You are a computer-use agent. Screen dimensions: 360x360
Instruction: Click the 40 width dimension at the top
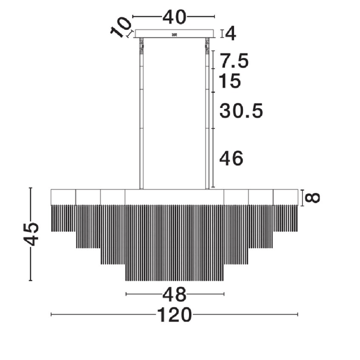174,17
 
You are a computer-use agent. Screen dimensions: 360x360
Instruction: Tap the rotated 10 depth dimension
120,27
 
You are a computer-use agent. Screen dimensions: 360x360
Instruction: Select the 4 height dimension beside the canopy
230,33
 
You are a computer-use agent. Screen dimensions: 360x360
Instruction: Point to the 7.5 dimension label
234,60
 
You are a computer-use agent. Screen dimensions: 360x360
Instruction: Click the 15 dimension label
230,81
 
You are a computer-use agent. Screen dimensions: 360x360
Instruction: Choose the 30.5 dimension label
241,111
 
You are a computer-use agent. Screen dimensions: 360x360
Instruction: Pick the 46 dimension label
231,158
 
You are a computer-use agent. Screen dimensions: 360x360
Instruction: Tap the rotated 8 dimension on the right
312,197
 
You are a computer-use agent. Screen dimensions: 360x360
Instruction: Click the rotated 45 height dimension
31,234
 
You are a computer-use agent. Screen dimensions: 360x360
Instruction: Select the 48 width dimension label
174,294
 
